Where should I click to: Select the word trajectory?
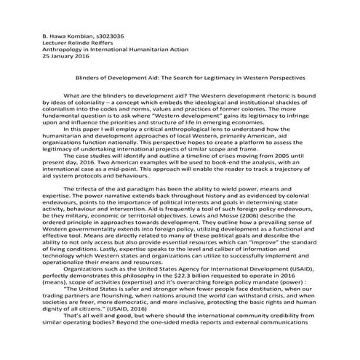[303, 174]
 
